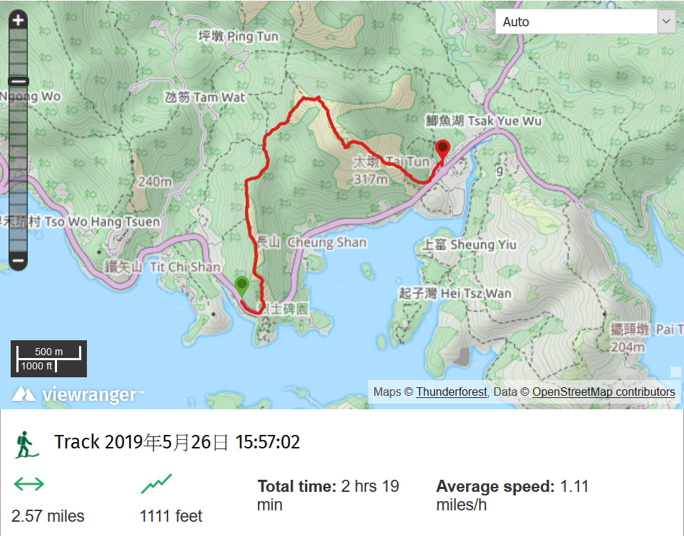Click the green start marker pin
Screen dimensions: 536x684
pos(242,285)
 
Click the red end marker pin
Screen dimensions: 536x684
pos(442,149)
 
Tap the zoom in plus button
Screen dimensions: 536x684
pos(19,20)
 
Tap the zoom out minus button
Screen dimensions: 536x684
pos(19,261)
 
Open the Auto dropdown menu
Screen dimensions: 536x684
pos(586,21)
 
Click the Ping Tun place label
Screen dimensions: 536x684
pos(238,36)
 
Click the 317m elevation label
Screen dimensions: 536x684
pos(370,179)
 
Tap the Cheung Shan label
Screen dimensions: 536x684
pos(311,242)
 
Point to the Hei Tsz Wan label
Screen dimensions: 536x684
pos(455,293)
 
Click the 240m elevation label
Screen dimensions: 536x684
pos(155,182)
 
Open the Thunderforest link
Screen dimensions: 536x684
pos(452,392)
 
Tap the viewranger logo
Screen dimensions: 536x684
pos(78,394)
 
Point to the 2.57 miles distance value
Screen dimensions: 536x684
pos(48,516)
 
